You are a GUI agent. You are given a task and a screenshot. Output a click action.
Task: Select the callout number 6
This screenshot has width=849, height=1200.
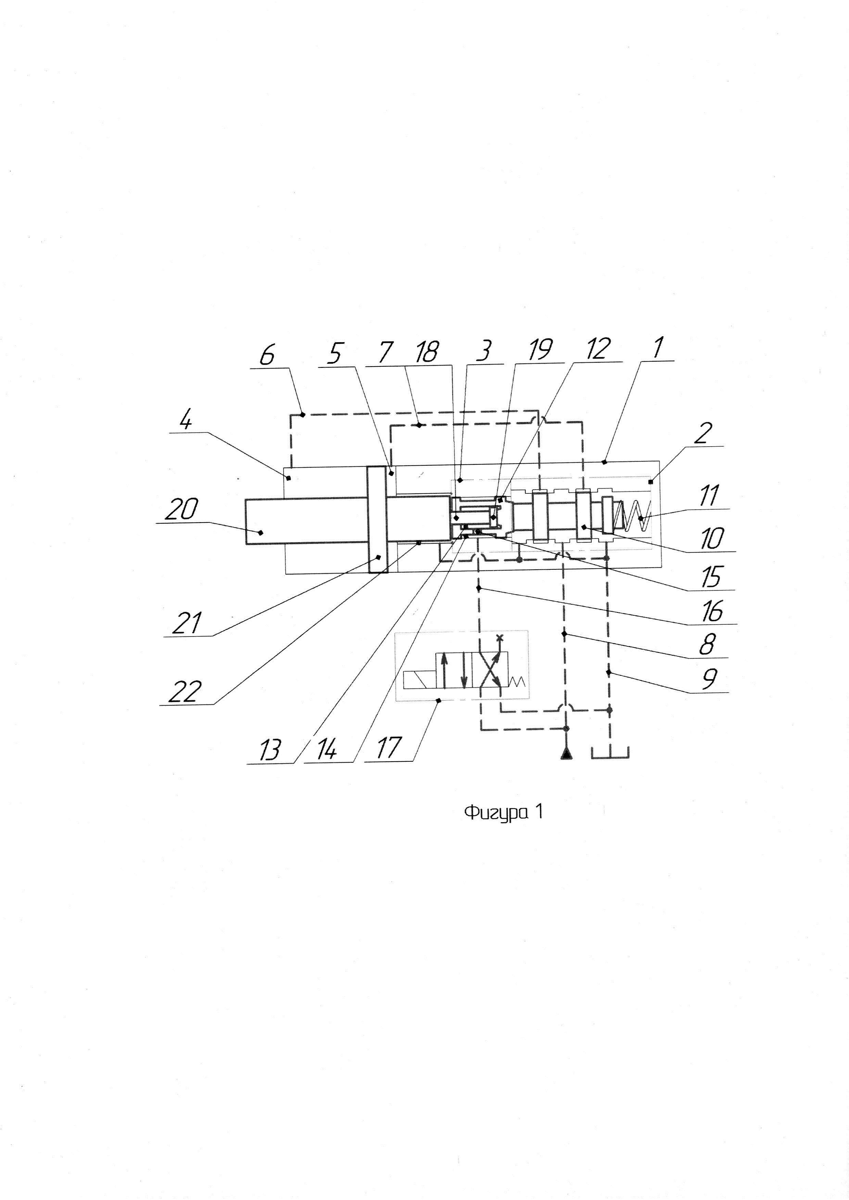[267, 356]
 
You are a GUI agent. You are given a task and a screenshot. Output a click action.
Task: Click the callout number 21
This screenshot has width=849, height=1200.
[187, 623]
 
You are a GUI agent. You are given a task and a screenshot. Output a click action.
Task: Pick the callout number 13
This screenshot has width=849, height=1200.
[270, 750]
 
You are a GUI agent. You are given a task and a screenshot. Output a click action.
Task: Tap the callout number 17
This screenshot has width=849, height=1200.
[388, 748]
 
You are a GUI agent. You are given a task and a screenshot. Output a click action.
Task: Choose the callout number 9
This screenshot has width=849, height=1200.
[709, 679]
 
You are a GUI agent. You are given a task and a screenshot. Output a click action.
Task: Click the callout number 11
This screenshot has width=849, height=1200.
[709, 495]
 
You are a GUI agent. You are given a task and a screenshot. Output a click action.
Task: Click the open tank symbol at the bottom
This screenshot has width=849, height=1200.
[610, 753]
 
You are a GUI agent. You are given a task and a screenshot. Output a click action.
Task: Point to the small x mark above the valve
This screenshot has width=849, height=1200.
[499, 637]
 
